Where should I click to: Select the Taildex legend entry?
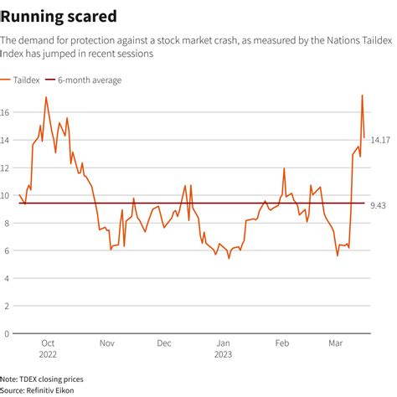point(27,80)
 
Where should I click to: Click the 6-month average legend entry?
point(89,80)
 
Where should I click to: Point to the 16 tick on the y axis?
point(5,113)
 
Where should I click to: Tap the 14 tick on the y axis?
point(5,141)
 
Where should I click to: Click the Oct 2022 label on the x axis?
point(49,348)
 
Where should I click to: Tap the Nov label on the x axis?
point(107,343)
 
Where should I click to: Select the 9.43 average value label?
point(379,204)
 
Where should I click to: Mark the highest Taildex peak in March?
point(362,95)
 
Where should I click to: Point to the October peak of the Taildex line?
point(46,97)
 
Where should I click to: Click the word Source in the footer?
point(12,390)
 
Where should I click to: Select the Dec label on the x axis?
point(164,343)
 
